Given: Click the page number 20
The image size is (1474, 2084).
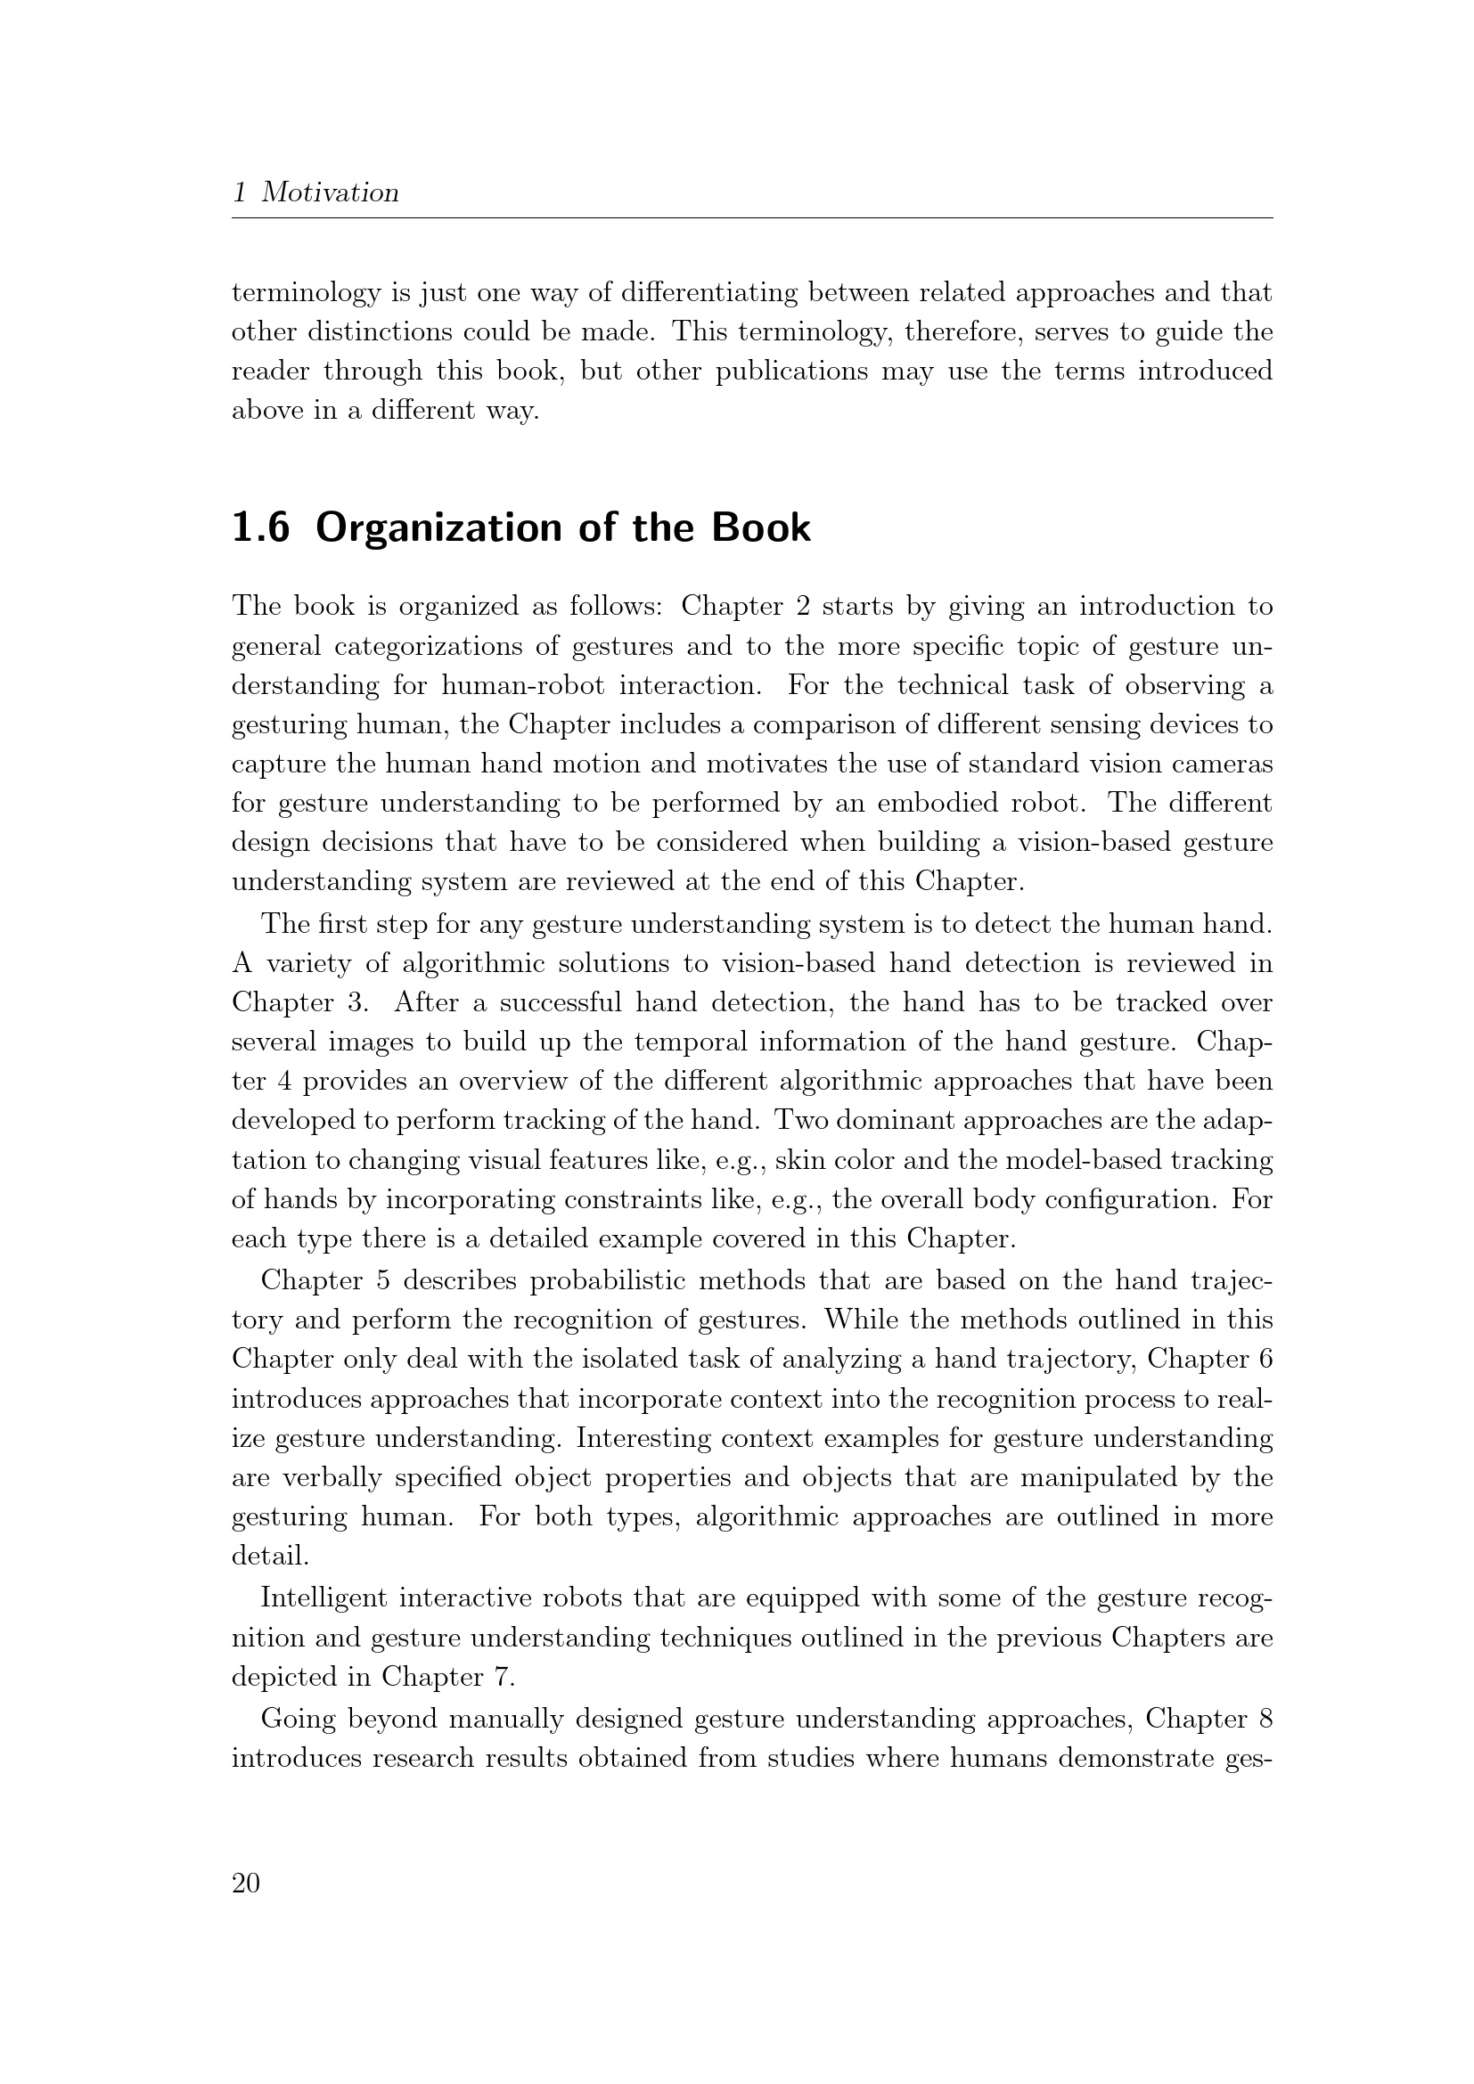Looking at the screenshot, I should click(246, 1883).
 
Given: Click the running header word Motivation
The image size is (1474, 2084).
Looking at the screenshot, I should click(331, 192).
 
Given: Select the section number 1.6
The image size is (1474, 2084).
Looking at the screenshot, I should click(260, 528).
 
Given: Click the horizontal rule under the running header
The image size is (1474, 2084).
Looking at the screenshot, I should click(751, 217).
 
